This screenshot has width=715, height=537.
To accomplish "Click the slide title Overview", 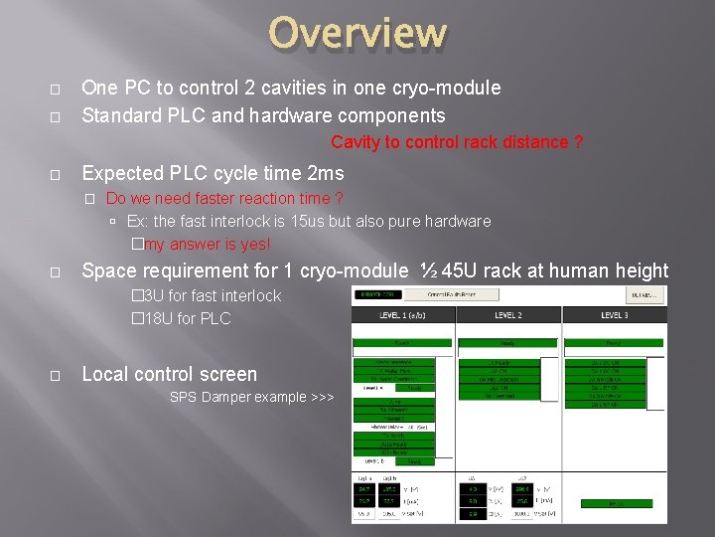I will pyautogui.click(x=357, y=33).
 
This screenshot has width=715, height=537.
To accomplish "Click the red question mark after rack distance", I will pyautogui.click(x=578, y=142).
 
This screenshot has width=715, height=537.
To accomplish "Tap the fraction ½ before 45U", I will pyautogui.click(x=429, y=270).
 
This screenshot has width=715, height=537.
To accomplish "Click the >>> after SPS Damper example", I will pyautogui.click(x=323, y=398).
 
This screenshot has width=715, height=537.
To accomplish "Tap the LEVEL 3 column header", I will pyautogui.click(x=615, y=315).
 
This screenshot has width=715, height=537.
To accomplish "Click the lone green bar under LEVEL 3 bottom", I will pyautogui.click(x=617, y=504).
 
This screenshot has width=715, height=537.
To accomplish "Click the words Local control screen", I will pyautogui.click(x=169, y=375).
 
